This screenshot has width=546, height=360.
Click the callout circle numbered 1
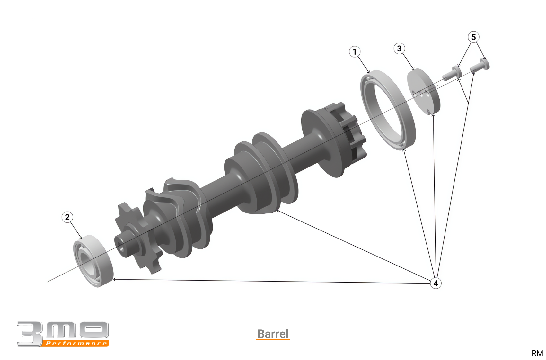355,52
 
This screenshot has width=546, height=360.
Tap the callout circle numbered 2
67,217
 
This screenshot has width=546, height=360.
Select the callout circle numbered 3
399,49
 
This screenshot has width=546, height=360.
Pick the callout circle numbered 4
436,283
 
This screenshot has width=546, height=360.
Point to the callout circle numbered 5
474,37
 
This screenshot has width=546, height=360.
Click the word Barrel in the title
273,334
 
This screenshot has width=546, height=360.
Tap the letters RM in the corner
537,353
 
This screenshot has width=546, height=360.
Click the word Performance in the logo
76,343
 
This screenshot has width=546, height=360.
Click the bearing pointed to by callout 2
93,261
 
